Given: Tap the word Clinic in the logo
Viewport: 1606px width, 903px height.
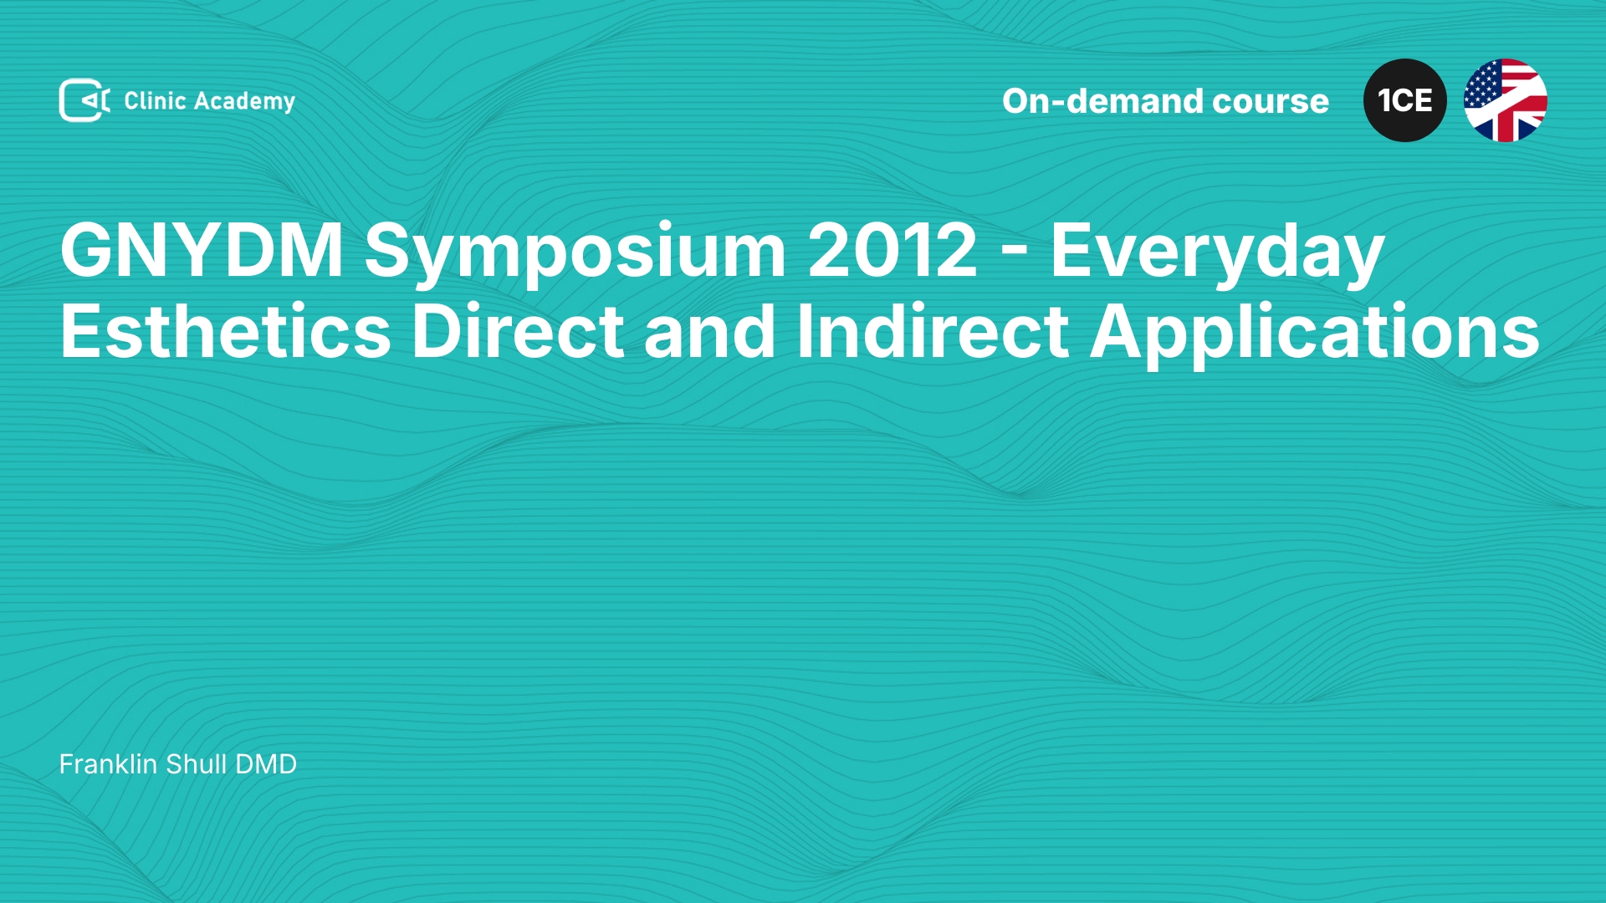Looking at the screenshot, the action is pyautogui.click(x=155, y=100).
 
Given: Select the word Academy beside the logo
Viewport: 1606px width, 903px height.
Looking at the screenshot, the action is pyautogui.click(x=244, y=102).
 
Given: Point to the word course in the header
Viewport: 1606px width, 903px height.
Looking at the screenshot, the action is pyautogui.click(x=1271, y=102).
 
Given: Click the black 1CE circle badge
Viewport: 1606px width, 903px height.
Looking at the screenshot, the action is pyautogui.click(x=1405, y=100).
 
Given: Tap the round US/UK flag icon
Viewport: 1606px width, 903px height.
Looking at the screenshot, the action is pyautogui.click(x=1506, y=100).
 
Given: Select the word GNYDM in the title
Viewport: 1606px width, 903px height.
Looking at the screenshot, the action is pyautogui.click(x=202, y=249).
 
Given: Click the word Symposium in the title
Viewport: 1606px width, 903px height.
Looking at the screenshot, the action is pyautogui.click(x=575, y=253).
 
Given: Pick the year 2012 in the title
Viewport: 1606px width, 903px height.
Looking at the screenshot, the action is pyautogui.click(x=893, y=249).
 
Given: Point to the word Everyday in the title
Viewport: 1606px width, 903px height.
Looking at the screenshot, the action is pyautogui.click(x=1218, y=253).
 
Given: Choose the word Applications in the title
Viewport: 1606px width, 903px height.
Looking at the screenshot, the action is pyautogui.click(x=1315, y=334).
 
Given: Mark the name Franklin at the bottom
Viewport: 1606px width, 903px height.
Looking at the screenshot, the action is pyautogui.click(x=108, y=764).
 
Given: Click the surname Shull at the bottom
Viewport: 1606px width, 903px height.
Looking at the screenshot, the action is pyautogui.click(x=197, y=764).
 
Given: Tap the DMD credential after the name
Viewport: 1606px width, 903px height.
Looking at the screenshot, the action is pyautogui.click(x=266, y=764).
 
